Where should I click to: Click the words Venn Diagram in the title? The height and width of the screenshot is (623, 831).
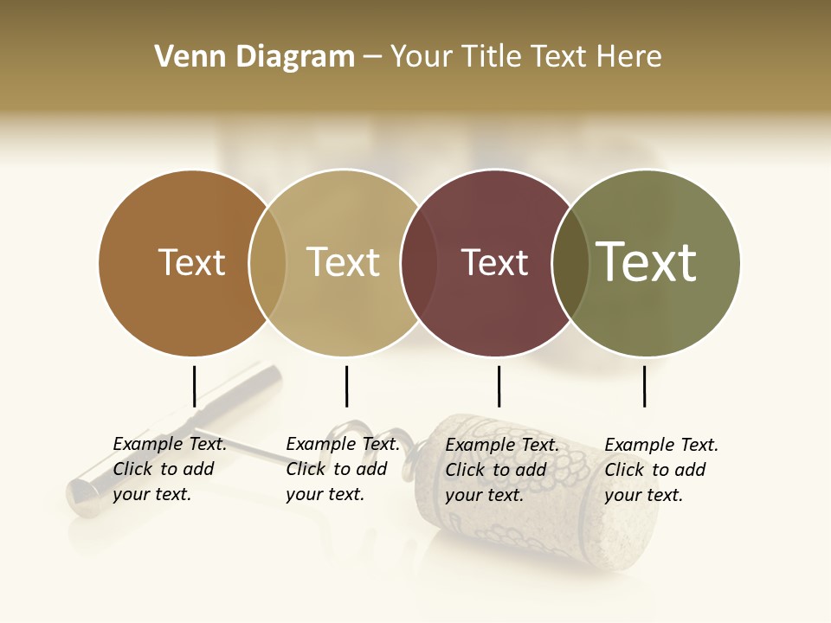tap(254, 57)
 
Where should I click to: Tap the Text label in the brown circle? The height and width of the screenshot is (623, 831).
tap(191, 262)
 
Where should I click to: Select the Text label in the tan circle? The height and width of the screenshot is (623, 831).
tap(343, 262)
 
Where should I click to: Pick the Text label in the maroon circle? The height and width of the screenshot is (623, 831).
tap(494, 262)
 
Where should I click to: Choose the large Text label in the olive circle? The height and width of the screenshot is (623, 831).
tap(647, 261)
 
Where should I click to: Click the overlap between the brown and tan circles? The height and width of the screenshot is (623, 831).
tap(267, 263)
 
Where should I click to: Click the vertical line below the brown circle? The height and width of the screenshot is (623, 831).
tap(194, 386)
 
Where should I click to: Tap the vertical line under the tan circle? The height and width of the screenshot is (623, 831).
tap(346, 386)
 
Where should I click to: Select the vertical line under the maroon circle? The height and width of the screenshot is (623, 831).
tap(499, 386)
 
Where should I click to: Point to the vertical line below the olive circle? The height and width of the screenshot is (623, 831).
tap(644, 386)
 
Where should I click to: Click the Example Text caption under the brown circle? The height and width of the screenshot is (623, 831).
tap(169, 469)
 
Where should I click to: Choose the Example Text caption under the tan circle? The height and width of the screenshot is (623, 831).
tap(342, 469)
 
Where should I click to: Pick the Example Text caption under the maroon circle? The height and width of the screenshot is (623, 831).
tap(501, 470)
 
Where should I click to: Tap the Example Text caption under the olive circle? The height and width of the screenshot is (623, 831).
tap(660, 470)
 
